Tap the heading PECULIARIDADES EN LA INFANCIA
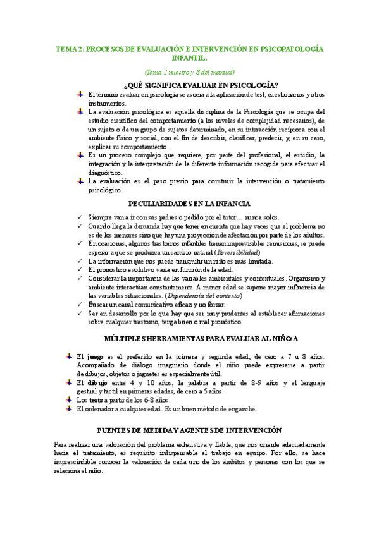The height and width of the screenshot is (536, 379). click(x=189, y=204)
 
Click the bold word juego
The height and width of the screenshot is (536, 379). click(x=94, y=358)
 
